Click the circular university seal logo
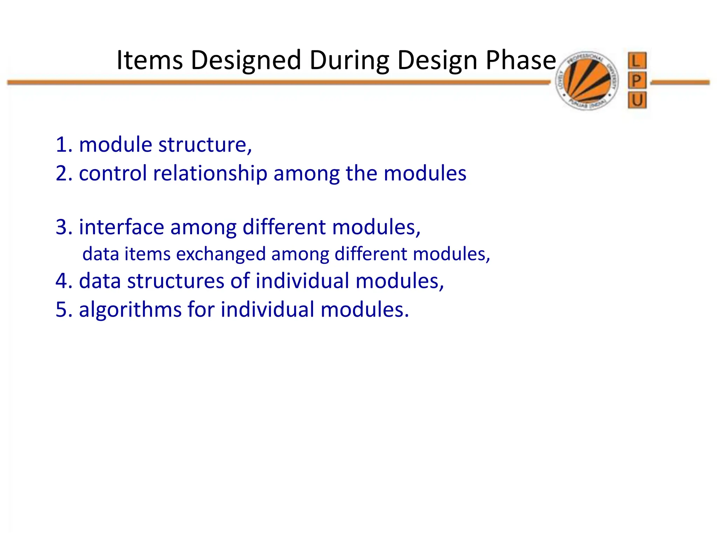point(587,81)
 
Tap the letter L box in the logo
point(637,61)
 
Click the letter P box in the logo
point(637,81)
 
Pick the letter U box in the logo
point(637,101)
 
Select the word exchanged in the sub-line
point(221,254)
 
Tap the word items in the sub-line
point(147,254)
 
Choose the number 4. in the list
point(64,281)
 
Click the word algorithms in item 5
point(130,310)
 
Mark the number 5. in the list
point(64,310)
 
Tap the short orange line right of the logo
point(680,83)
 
